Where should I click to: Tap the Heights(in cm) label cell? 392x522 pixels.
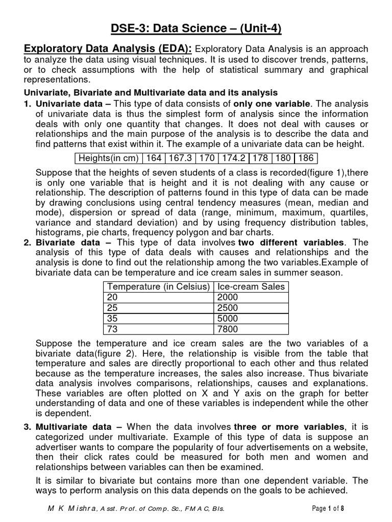[108, 158]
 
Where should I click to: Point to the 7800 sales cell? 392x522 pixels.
[228, 328]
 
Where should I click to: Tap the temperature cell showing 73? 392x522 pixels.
[112, 328]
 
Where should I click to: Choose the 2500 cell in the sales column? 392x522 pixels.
[228, 307]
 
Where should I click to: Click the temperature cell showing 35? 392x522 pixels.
[112, 318]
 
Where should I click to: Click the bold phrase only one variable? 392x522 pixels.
[272, 103]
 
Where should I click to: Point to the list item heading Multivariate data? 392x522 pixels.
[74, 426]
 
